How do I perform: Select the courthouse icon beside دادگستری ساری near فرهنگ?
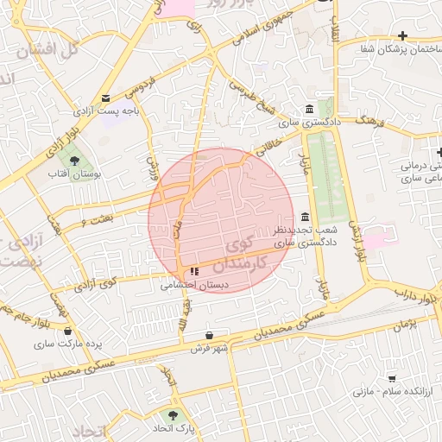click(x=309, y=109)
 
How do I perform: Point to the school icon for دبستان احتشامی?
click(x=193, y=271)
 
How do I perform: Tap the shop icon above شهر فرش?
click(x=210, y=335)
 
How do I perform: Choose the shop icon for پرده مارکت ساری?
click(x=67, y=329)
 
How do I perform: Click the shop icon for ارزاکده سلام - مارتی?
click(x=392, y=378)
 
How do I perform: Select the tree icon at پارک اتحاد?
click(x=175, y=414)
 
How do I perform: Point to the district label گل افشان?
click(x=48, y=49)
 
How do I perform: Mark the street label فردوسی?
click(x=140, y=87)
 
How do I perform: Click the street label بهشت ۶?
click(x=95, y=222)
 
